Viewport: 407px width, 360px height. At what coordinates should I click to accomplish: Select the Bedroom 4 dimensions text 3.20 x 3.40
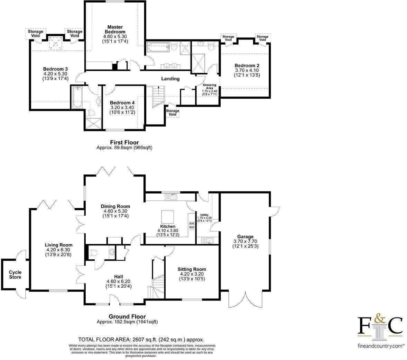[122, 107]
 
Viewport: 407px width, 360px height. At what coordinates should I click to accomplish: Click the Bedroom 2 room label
[247, 65]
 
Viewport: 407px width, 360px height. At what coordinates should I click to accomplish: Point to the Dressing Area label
[209, 87]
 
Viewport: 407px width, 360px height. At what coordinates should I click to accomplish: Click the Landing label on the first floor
[170, 79]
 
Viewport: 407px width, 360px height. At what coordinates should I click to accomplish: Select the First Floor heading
[124, 142]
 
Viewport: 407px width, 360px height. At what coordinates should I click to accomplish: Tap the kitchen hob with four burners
[191, 225]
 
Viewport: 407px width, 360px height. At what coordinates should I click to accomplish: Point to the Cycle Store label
[15, 274]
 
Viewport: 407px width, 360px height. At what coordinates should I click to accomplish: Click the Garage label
[245, 237]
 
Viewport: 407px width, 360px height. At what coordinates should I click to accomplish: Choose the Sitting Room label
[192, 269]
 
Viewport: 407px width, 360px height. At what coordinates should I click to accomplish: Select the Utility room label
[204, 215]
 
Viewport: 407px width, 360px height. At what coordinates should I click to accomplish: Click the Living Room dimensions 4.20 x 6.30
[58, 250]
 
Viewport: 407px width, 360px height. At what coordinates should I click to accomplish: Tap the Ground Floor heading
[127, 316]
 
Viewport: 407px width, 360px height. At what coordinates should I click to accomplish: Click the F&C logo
[380, 325]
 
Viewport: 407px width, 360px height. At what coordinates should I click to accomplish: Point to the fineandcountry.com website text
[380, 345]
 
